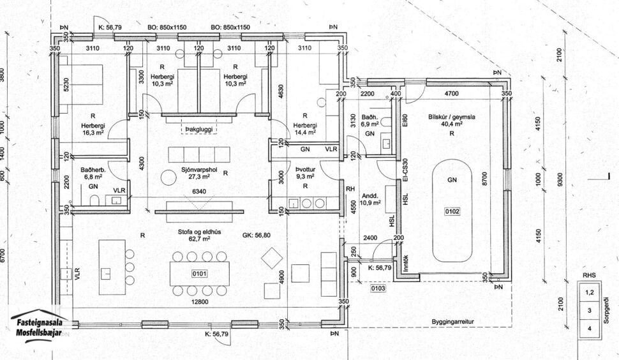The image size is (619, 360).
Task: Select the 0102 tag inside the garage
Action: (452, 210)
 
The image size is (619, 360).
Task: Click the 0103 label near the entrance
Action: (378, 289)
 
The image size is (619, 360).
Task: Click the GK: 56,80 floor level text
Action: (258, 235)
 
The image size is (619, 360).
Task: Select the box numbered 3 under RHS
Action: (590, 310)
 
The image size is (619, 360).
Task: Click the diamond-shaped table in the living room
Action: (272, 259)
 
